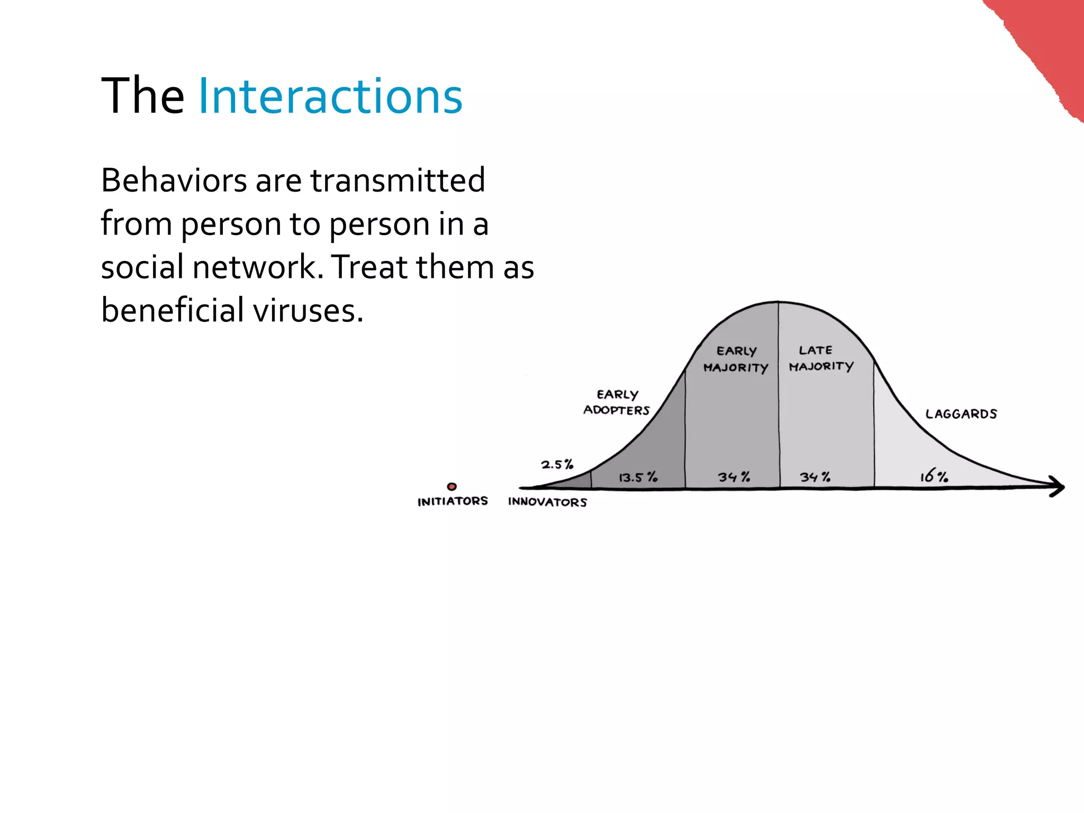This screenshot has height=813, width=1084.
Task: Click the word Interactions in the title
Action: (330, 96)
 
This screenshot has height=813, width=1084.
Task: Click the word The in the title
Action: (142, 96)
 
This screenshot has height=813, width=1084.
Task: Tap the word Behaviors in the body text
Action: (174, 180)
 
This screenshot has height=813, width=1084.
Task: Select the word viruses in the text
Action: (308, 310)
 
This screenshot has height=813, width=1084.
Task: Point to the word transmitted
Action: (398, 180)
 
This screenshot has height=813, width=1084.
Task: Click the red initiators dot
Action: (451, 486)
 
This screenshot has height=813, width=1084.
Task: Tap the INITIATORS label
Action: (453, 501)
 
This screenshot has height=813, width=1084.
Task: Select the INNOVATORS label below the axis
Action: (547, 502)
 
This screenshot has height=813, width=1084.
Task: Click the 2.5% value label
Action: (557, 465)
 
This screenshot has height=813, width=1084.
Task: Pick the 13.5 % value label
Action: (638, 477)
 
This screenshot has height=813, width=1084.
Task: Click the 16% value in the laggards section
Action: (934, 476)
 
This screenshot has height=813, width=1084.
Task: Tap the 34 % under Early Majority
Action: (734, 477)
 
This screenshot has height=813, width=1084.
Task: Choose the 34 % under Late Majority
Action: (815, 477)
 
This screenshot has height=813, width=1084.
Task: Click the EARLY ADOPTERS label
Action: (617, 402)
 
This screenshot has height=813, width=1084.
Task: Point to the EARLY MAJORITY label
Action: (736, 359)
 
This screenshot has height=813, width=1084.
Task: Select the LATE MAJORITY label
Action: (820, 358)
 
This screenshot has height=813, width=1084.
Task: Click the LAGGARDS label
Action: (961, 414)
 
